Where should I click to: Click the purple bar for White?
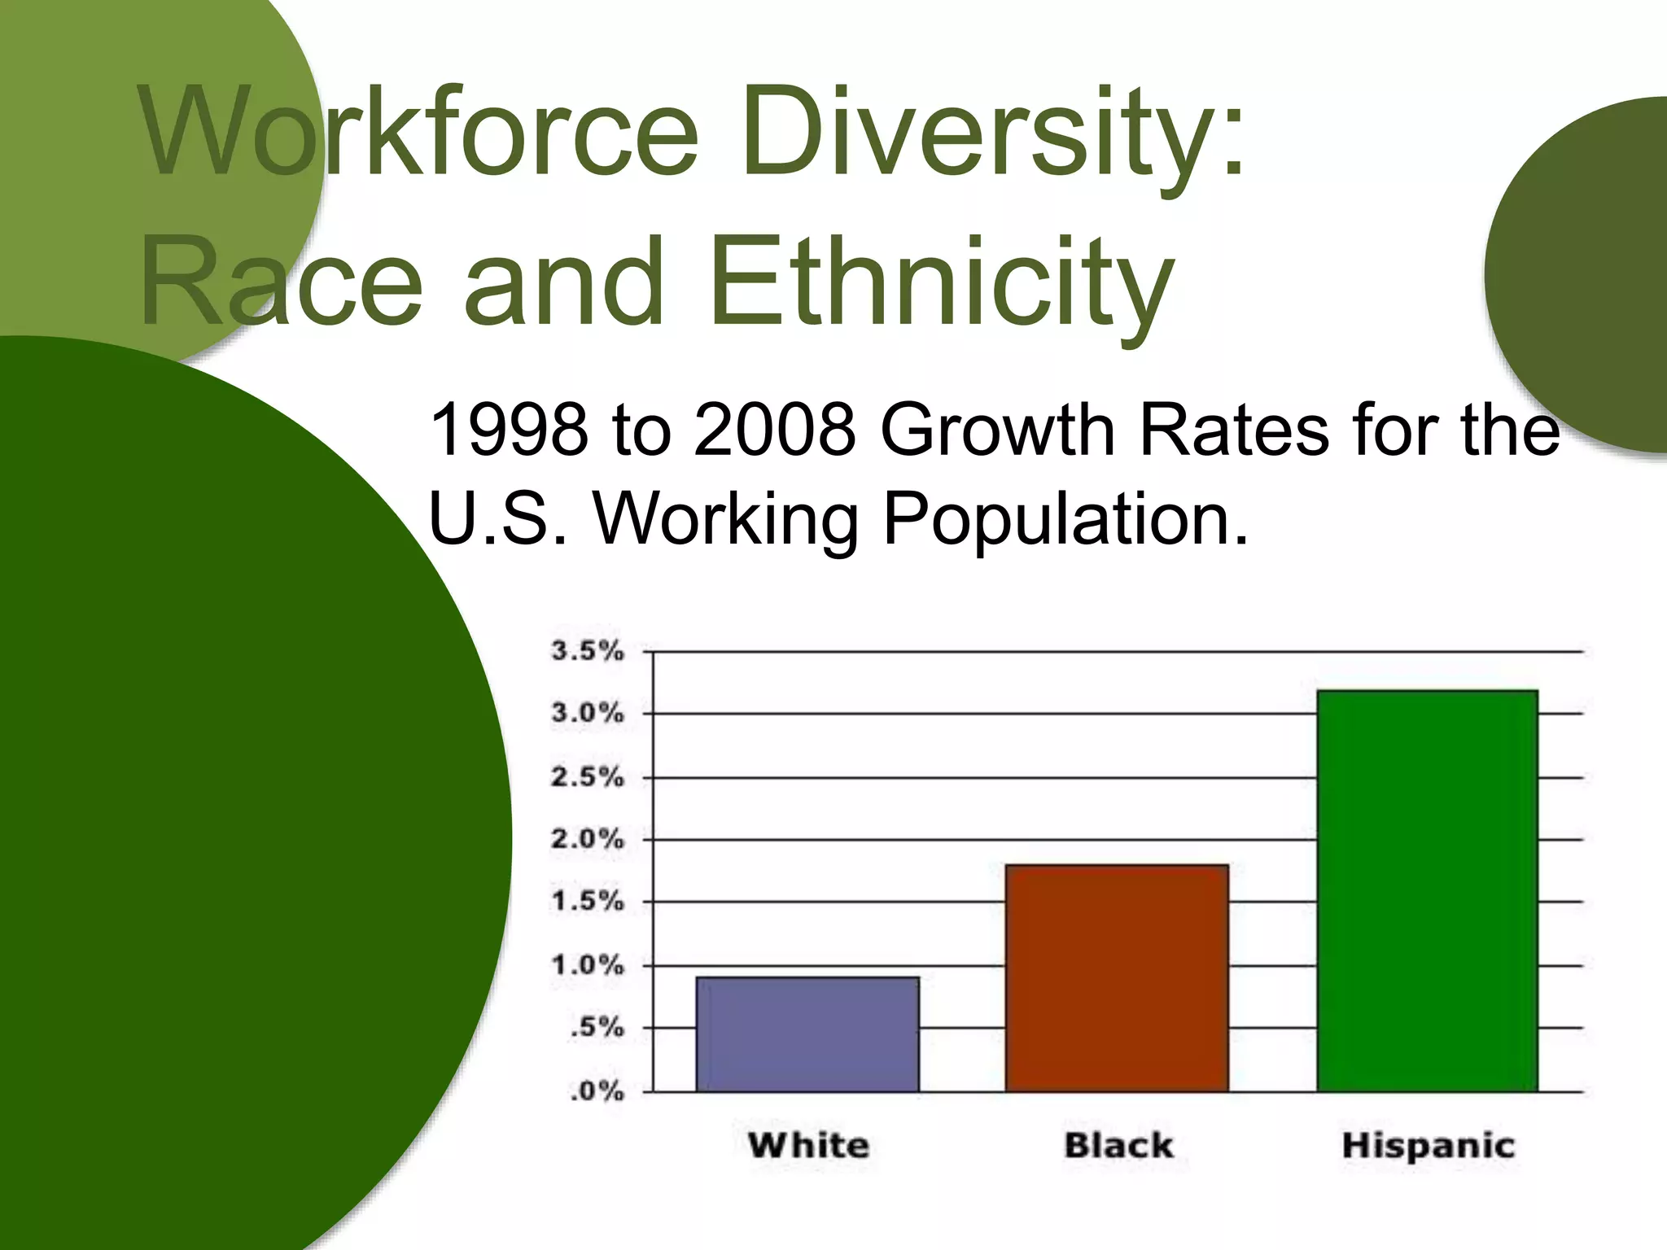[807, 1034]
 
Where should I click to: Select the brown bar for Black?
[1117, 977]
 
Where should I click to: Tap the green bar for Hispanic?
[1427, 890]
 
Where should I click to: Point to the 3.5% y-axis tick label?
[588, 651]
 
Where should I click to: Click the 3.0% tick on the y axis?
[588, 714]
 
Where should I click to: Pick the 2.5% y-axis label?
[588, 777]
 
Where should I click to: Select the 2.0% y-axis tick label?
[588, 839]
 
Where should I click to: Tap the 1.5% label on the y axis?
[588, 902]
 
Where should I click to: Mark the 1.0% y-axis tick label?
[588, 966]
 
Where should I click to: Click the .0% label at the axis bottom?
[597, 1091]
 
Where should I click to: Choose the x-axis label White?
[808, 1146]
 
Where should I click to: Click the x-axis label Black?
[1118, 1146]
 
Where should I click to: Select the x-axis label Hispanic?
[1428, 1146]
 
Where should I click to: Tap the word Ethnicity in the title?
[940, 281]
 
